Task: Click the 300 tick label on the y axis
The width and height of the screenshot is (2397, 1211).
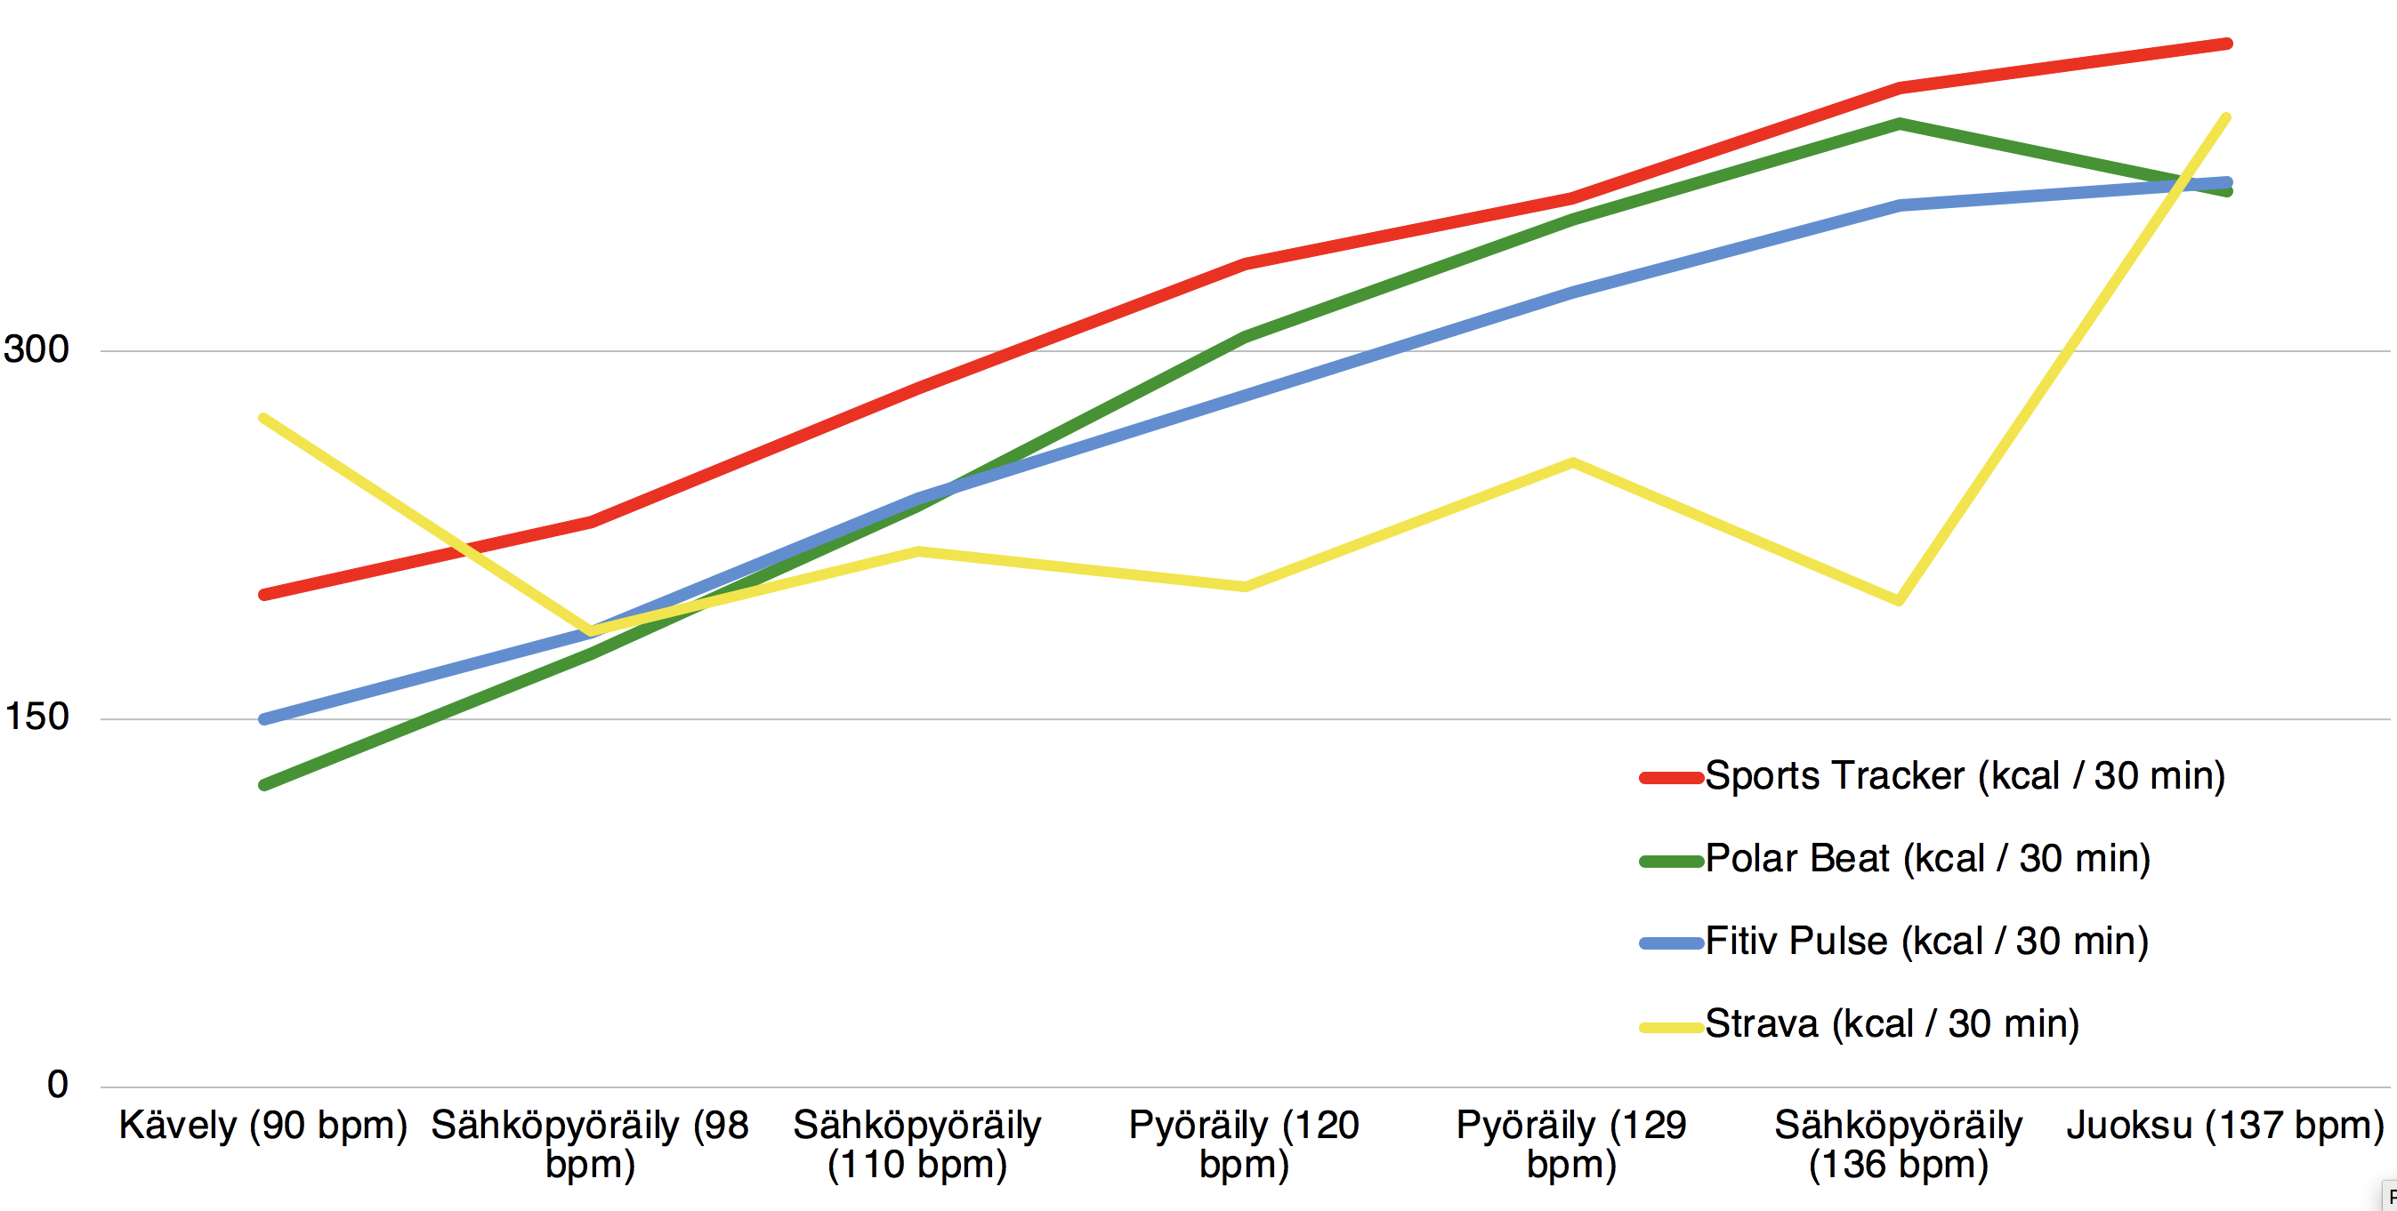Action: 36,349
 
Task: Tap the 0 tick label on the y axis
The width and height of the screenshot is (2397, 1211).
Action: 58,1085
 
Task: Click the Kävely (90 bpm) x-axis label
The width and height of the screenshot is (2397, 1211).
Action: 263,1126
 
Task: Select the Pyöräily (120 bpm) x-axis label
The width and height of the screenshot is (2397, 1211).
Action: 1244,1144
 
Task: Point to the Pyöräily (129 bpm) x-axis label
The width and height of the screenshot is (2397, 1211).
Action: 1571,1144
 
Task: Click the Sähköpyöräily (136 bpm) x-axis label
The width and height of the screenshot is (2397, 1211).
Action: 1898,1144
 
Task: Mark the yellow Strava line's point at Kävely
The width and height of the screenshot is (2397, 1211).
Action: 264,418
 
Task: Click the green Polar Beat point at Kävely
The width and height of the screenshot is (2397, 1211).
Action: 264,785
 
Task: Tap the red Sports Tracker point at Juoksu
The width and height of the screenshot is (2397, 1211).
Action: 2227,44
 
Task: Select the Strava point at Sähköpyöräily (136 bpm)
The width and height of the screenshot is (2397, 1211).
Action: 1898,601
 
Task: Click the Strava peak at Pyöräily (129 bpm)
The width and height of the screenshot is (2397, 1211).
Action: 1571,462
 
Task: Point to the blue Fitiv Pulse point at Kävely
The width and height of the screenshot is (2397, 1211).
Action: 264,719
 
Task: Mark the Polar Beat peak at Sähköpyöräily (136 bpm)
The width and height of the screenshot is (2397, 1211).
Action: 1898,123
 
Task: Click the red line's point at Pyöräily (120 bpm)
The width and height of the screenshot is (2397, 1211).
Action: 1244,264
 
